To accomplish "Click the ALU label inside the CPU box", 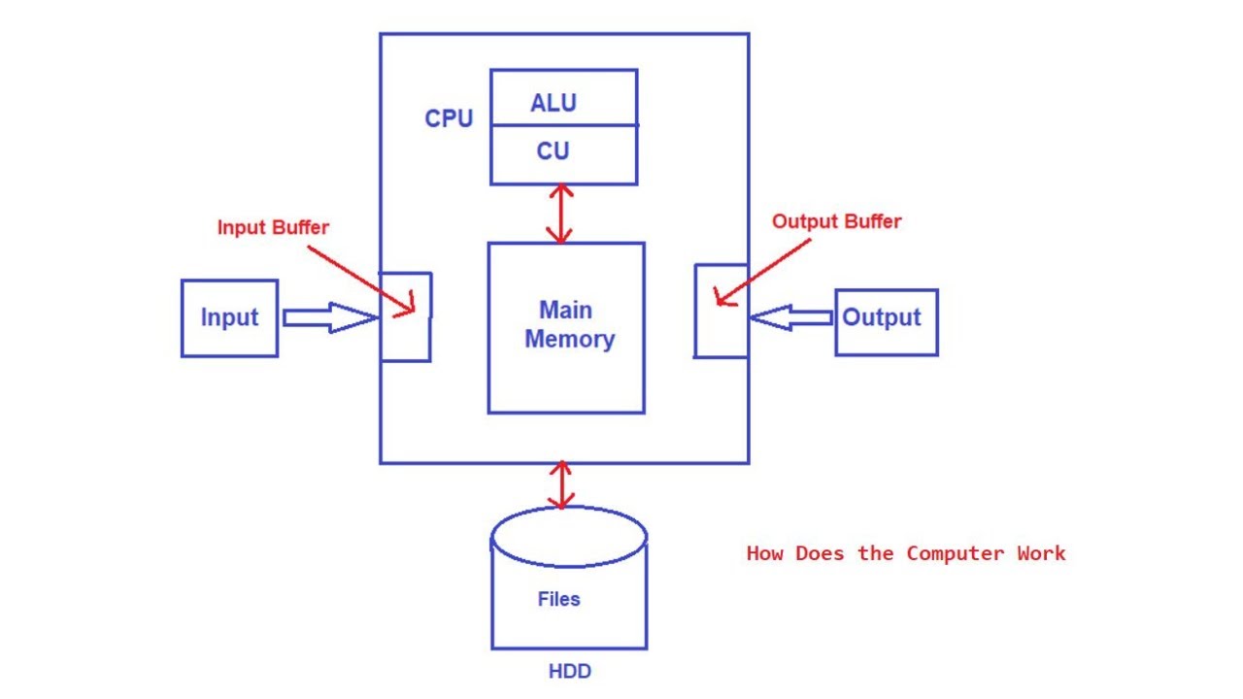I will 553,103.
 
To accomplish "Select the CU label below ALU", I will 553,151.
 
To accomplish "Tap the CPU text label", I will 449,118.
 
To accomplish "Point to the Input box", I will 229,318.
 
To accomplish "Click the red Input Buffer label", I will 273,228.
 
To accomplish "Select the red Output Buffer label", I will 836,221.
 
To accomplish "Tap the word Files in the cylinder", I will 558,599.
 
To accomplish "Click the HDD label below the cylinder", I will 569,671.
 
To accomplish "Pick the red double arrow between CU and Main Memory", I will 559,214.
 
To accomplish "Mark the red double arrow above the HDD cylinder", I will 560,485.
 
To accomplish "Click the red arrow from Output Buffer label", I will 763,269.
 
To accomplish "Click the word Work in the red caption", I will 1041,553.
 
